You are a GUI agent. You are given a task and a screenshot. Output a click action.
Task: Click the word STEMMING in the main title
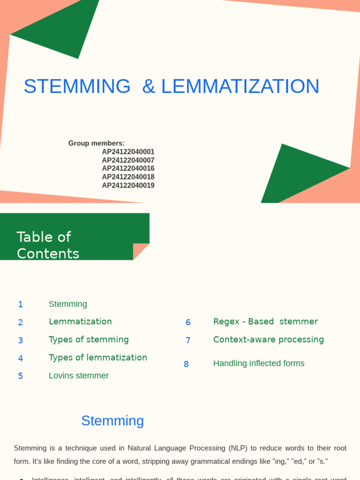77,86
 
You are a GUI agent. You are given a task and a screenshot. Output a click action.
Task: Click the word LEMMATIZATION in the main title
240,86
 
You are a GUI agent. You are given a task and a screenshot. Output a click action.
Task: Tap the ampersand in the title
148,86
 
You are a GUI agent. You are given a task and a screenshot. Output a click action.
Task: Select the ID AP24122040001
128,152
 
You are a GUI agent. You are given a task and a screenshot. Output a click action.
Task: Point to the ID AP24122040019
128,186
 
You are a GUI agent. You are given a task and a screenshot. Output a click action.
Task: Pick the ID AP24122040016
128,169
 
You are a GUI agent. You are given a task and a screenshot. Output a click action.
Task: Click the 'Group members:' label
96,143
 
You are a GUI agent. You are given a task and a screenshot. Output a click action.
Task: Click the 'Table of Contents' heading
48,245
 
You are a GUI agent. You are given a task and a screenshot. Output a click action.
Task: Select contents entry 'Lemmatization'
80,322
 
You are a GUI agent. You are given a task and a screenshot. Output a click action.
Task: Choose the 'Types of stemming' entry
89,339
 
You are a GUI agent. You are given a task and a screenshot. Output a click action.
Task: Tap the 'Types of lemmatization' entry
98,358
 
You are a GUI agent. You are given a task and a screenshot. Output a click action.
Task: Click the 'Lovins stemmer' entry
79,375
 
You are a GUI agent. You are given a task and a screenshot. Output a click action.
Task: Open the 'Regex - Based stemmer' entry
265,322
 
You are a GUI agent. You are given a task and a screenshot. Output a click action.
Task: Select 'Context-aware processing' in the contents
269,339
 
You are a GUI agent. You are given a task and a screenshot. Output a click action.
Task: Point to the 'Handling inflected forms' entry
259,363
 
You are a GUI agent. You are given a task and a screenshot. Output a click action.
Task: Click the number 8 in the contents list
186,364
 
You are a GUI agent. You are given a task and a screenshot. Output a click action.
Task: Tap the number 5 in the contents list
20,376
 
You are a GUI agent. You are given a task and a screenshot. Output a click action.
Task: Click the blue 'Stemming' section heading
112,420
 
